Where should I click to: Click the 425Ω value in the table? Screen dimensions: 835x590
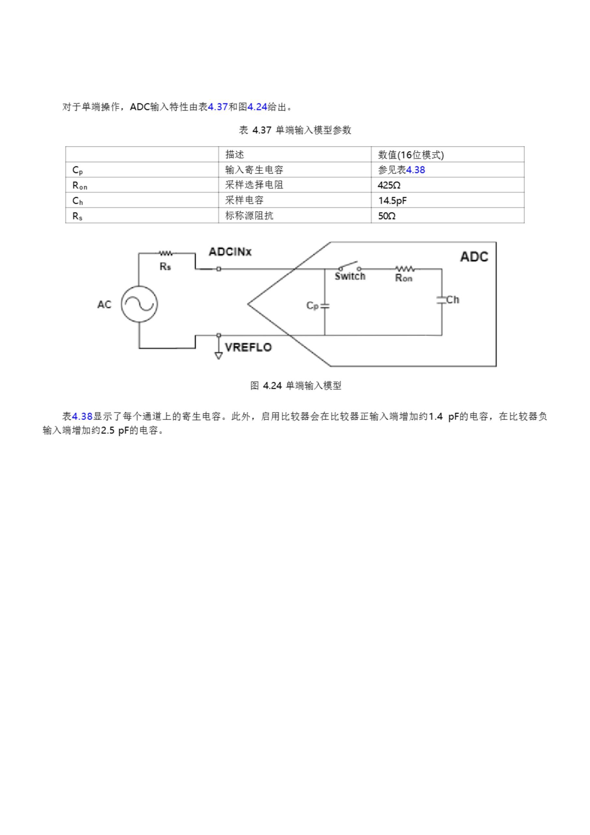click(389, 185)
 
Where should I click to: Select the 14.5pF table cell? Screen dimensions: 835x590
click(392, 200)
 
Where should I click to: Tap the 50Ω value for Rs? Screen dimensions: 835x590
click(386, 216)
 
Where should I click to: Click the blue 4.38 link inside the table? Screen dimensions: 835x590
click(416, 170)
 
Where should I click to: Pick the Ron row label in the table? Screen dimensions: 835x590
click(80, 186)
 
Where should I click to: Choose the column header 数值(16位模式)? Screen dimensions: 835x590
click(410, 155)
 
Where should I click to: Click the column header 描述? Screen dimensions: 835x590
click(234, 155)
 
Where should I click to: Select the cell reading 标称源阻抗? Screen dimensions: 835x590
click(249, 216)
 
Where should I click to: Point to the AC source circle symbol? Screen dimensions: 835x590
click(139, 304)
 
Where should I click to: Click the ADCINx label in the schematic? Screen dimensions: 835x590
click(230, 252)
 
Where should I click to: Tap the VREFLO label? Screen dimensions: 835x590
click(248, 347)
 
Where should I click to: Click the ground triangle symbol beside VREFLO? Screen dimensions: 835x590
click(218, 355)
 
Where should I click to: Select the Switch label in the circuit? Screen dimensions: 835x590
click(350, 276)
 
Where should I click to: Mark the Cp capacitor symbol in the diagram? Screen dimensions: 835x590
click(325, 306)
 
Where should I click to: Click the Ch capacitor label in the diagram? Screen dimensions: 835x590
click(452, 300)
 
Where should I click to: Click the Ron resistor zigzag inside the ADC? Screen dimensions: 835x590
click(405, 269)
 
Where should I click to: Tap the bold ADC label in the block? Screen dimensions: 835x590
click(474, 257)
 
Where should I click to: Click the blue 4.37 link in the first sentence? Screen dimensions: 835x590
click(217, 107)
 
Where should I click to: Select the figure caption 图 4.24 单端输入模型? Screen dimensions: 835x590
click(296, 386)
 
